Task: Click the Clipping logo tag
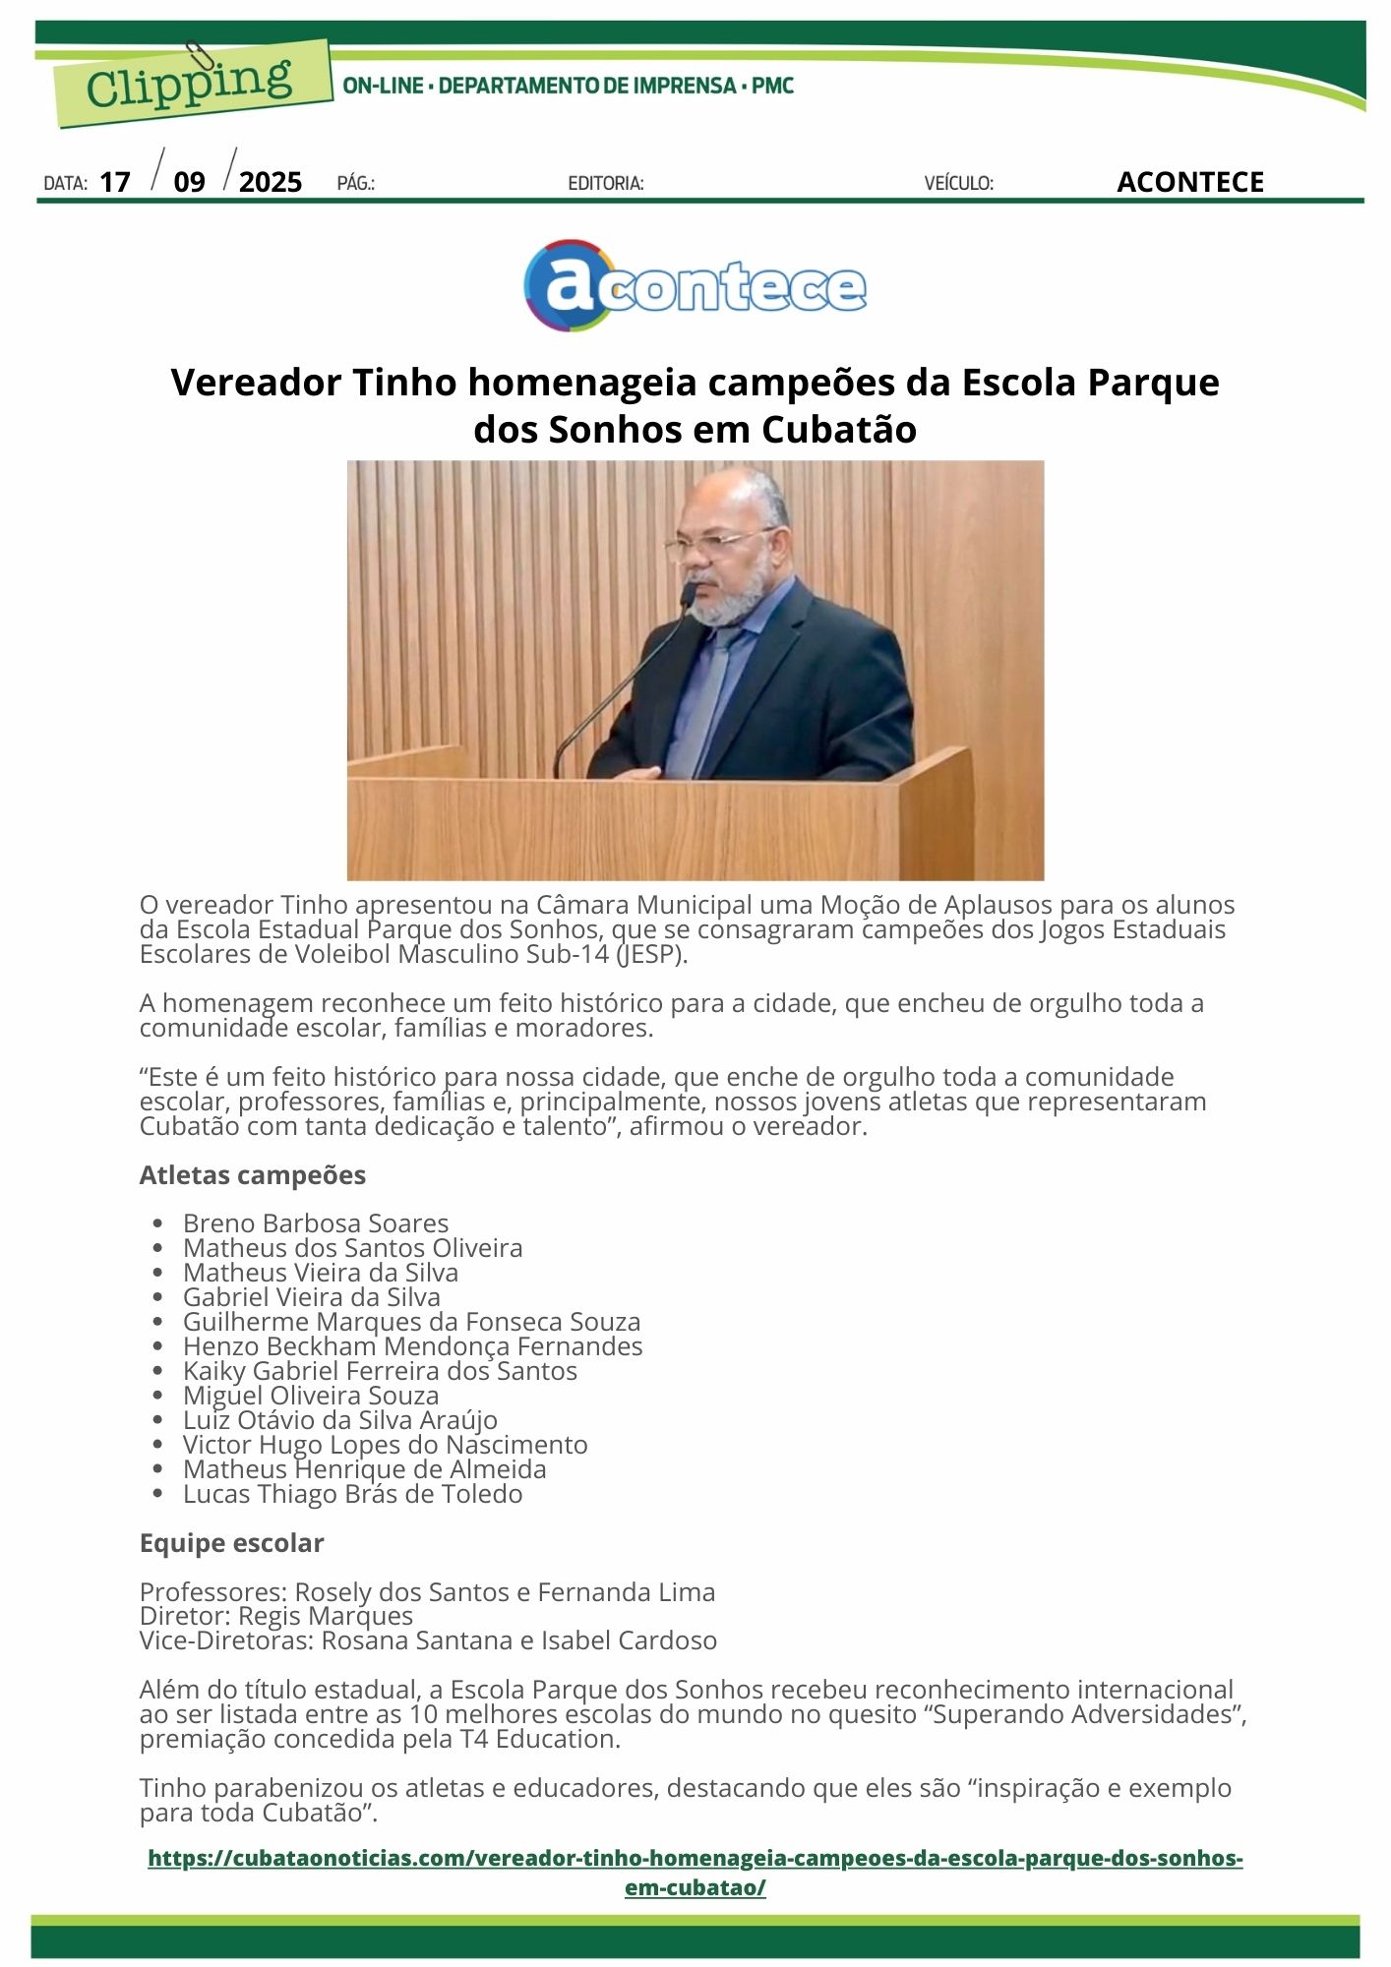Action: (191, 84)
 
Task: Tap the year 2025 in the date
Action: (271, 182)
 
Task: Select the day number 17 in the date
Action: (115, 182)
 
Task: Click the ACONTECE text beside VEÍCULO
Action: (1189, 182)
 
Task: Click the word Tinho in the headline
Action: (405, 383)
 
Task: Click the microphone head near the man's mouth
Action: (689, 592)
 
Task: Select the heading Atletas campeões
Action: (252, 1175)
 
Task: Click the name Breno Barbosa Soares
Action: (315, 1223)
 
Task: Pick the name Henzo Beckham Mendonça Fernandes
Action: (412, 1346)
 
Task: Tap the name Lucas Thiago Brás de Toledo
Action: (352, 1494)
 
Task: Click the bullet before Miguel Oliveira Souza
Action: (158, 1397)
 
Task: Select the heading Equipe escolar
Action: (231, 1543)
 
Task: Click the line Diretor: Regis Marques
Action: (276, 1616)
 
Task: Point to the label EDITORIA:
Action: (606, 183)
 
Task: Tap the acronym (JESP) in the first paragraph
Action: (651, 954)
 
